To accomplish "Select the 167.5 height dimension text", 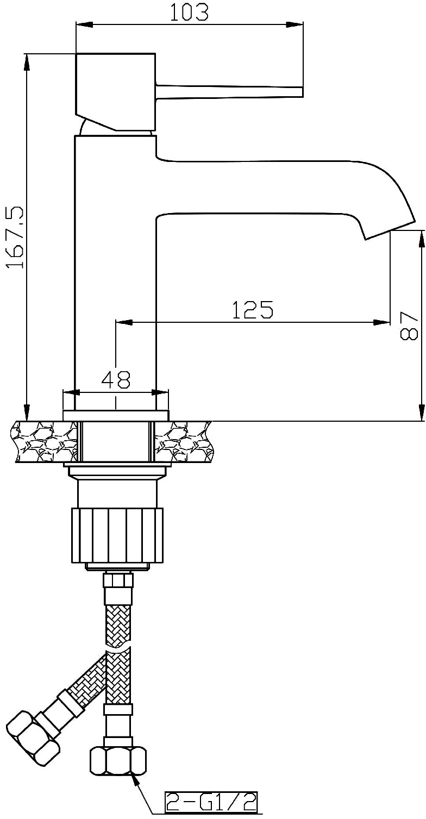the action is point(15,237).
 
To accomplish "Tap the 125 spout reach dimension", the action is point(253,310).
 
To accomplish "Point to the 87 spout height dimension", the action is point(409,326).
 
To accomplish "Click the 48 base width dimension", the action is point(116,380).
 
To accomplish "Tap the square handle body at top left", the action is point(116,91).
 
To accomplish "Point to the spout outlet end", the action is point(390,231).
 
